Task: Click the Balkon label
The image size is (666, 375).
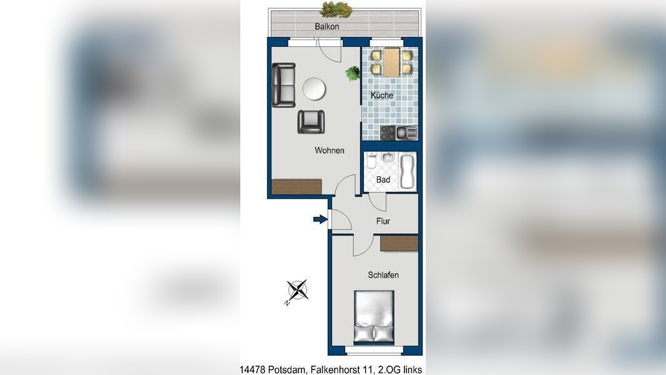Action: (326, 26)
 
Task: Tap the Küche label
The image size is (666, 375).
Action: (382, 95)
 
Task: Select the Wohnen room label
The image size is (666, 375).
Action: (329, 151)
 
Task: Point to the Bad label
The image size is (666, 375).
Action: (383, 180)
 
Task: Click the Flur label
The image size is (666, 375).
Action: (383, 221)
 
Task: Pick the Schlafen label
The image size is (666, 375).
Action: (383, 275)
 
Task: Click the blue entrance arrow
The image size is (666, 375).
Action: (320, 219)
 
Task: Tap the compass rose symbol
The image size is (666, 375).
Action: (297, 291)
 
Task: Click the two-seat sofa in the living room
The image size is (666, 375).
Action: (283, 85)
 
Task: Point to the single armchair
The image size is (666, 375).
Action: (311, 122)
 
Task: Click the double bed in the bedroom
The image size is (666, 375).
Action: (374, 317)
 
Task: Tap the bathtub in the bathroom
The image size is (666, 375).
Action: (408, 171)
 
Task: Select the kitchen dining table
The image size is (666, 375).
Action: (391, 62)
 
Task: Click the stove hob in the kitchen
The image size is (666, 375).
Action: (388, 133)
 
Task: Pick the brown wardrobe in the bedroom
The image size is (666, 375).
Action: (399, 244)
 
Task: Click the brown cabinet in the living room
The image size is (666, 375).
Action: (296, 187)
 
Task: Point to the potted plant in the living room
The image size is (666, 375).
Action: (353, 73)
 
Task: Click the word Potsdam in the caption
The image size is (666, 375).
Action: (286, 370)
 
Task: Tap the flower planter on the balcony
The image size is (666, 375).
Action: (336, 9)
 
